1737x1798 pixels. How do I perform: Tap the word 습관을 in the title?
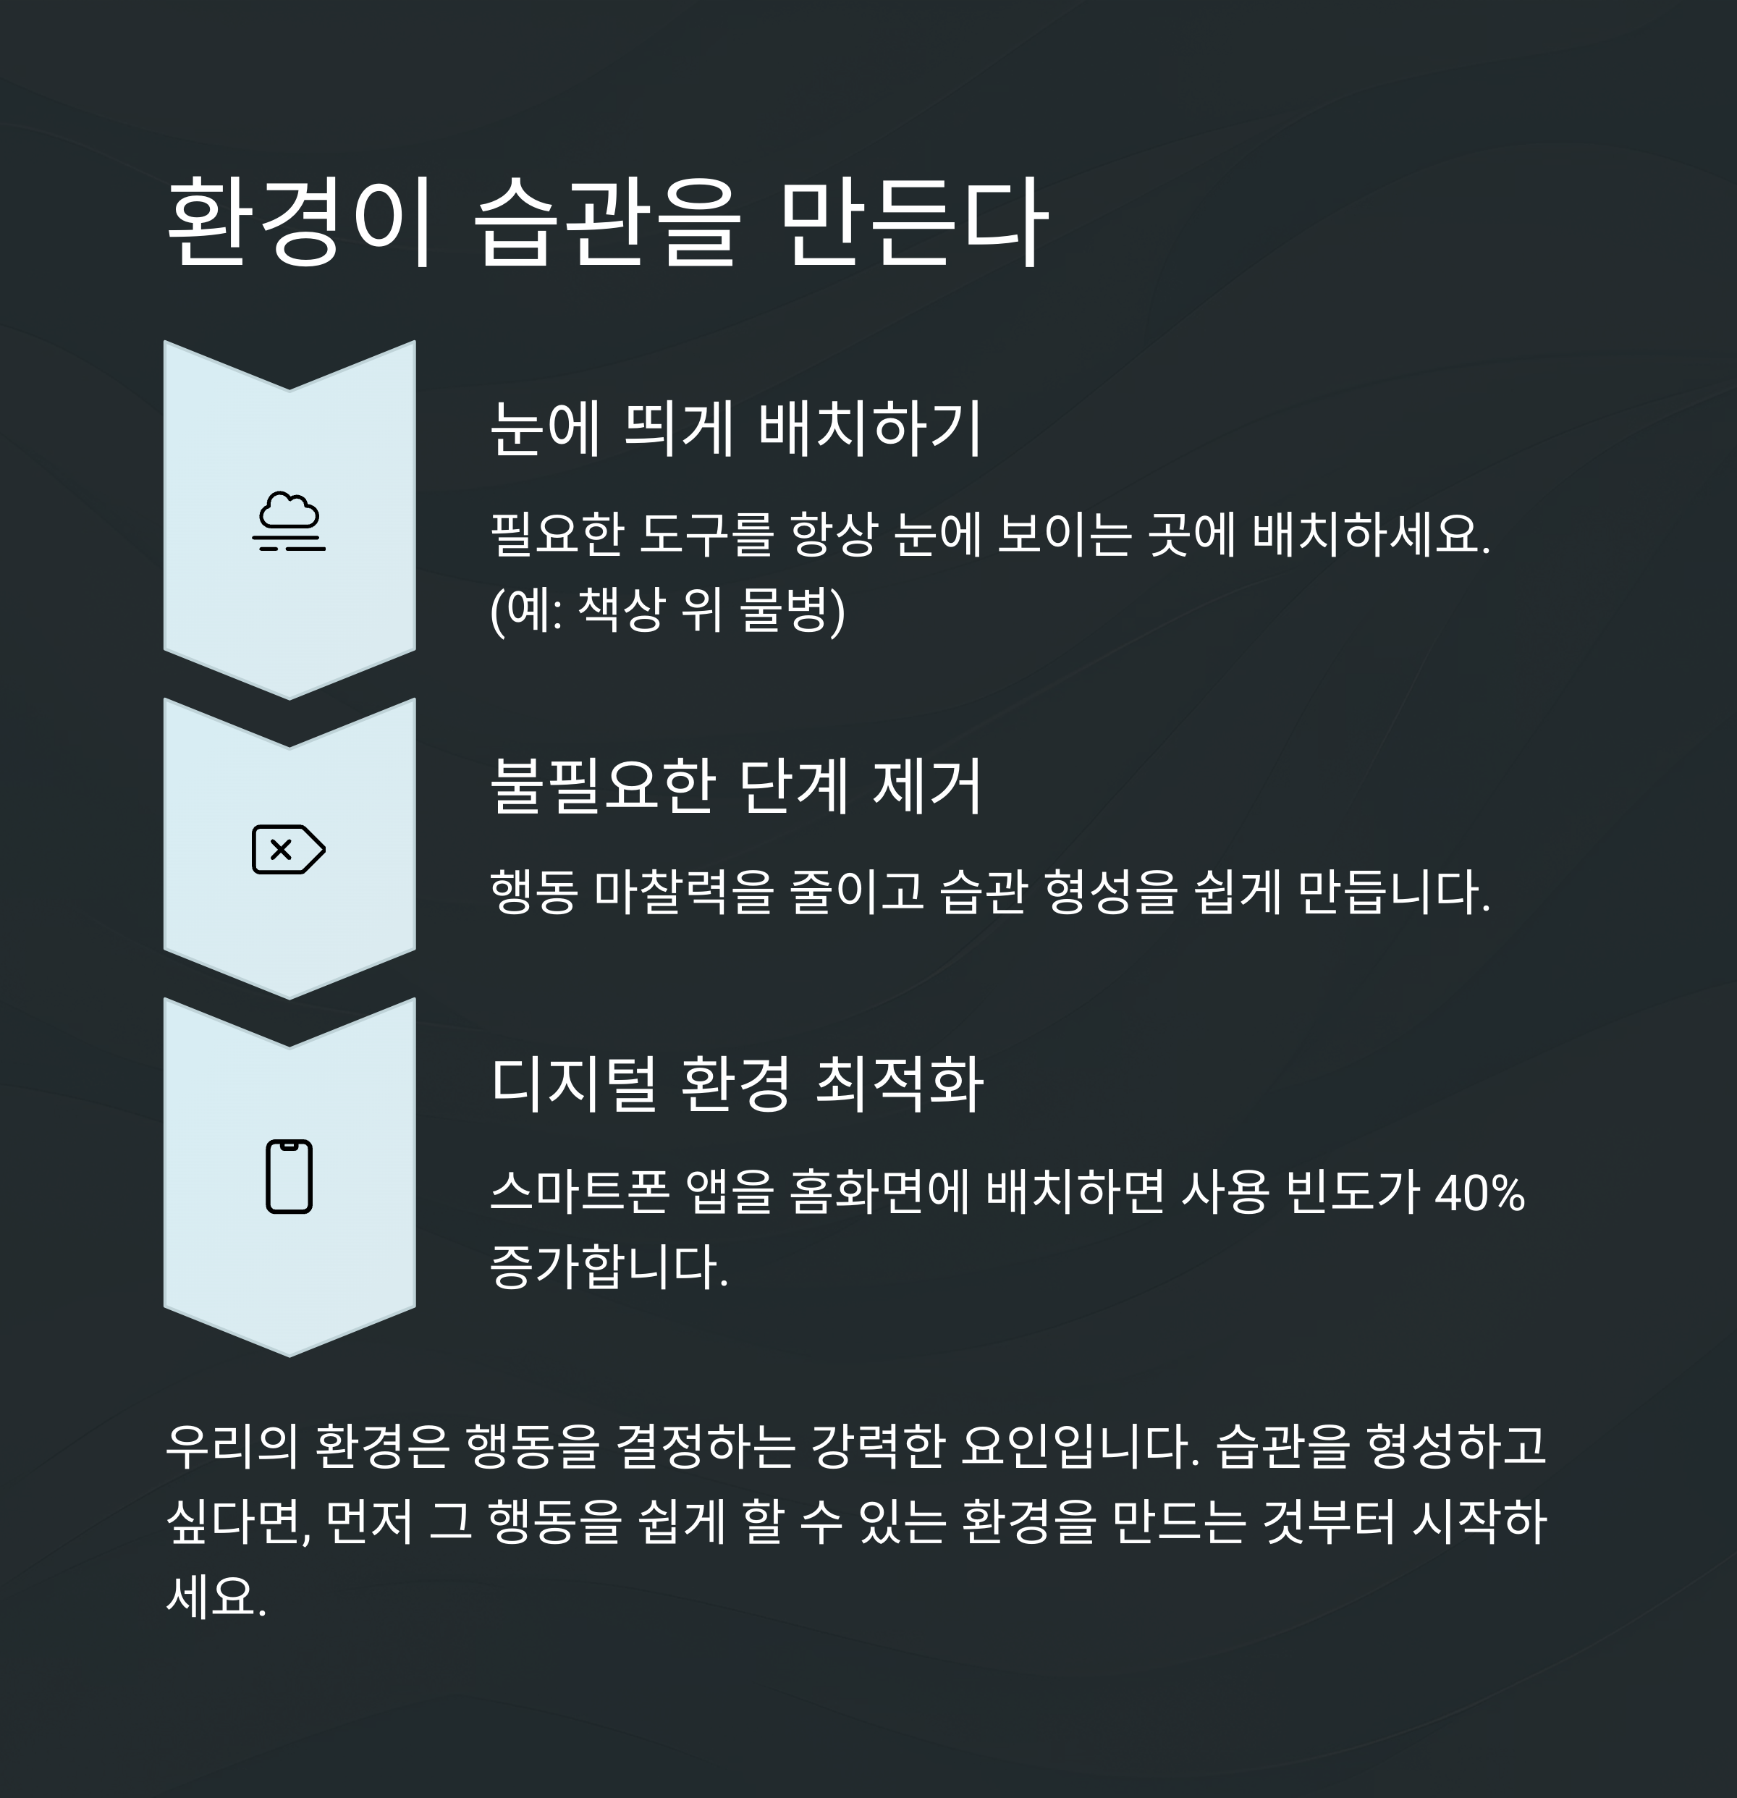click(607, 223)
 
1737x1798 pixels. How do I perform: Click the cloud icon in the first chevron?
click(289, 522)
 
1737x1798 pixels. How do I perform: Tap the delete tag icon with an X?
click(288, 850)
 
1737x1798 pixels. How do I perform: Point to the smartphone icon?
click(289, 1177)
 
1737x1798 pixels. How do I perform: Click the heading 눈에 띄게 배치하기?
click(735, 429)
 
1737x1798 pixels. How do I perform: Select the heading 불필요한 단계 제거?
click(735, 786)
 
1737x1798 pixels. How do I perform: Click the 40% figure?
click(1479, 1194)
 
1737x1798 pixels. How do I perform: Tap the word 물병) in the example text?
click(793, 610)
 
